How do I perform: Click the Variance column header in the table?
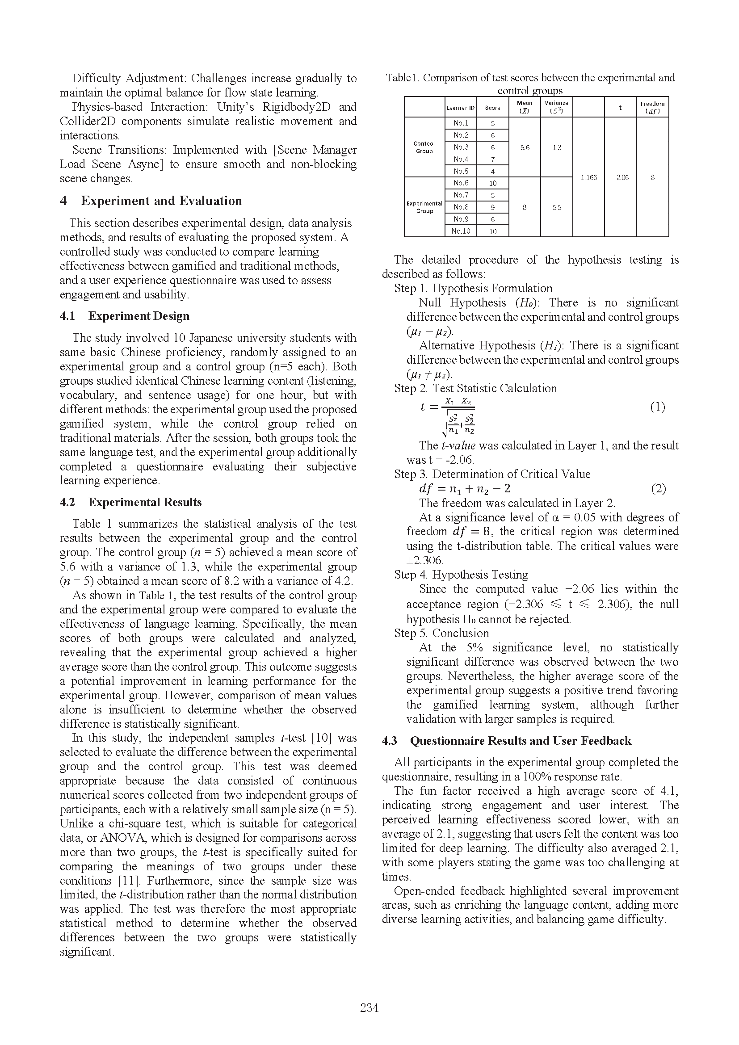(556, 107)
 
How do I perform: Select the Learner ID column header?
(461, 108)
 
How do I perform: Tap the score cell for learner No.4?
(492, 159)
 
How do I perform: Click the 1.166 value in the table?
(588, 177)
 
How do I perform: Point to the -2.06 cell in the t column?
(620, 177)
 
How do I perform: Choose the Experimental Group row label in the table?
(424, 207)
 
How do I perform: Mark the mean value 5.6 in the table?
(525, 147)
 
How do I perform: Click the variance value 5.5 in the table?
(557, 208)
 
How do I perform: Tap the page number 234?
(369, 1007)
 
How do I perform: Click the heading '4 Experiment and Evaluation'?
(151, 201)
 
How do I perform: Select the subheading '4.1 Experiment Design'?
(125, 316)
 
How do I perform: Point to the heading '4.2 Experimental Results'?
(130, 502)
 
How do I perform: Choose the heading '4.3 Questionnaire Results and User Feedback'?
(507, 740)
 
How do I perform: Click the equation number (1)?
(658, 407)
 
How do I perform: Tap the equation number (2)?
(658, 489)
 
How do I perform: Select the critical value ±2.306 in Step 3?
(425, 560)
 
